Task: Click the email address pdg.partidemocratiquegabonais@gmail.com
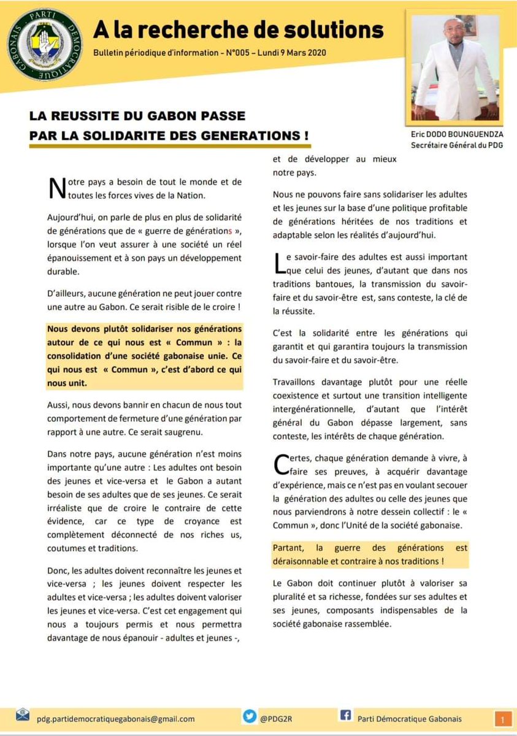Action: [x=116, y=718]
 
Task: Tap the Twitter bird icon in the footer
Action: [x=250, y=717]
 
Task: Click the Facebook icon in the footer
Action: [x=345, y=717]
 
